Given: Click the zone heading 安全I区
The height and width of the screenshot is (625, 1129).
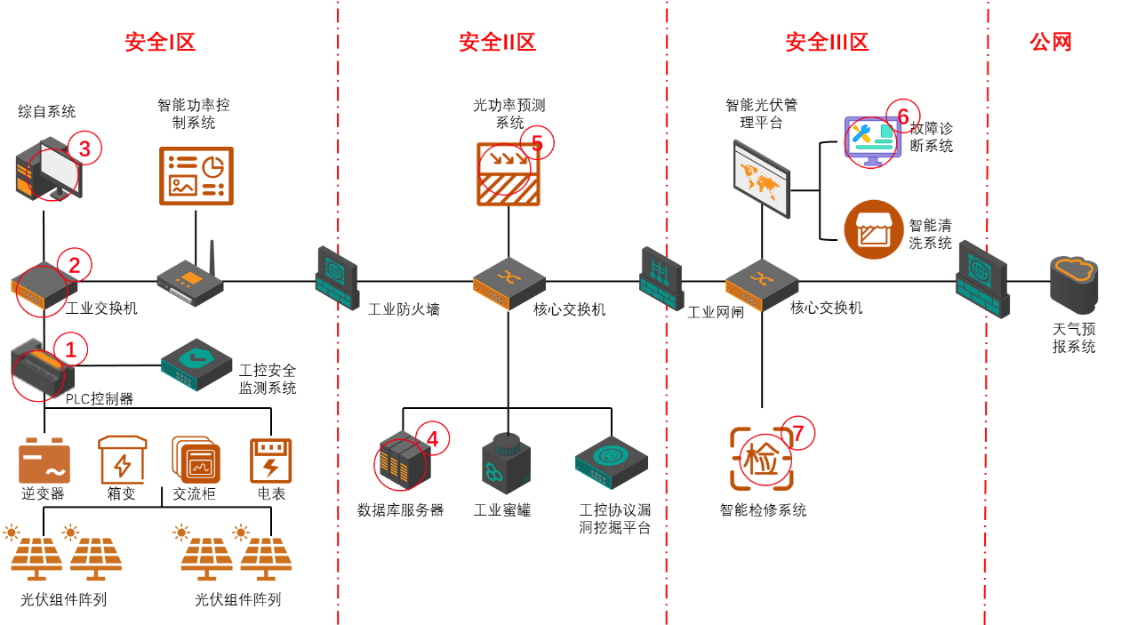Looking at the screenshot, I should [x=160, y=42].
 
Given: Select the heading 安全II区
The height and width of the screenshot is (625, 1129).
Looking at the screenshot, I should [x=497, y=42].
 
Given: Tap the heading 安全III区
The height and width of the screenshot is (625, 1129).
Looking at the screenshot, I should [x=827, y=42].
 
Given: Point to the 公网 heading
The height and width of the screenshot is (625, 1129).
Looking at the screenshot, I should [x=1051, y=42].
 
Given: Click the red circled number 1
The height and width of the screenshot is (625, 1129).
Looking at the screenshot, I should [x=71, y=350].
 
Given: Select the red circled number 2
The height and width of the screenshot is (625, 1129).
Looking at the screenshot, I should [x=75, y=265].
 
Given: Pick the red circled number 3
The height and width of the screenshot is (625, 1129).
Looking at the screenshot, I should [x=84, y=148].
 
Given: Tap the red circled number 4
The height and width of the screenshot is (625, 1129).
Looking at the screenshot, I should [x=433, y=438].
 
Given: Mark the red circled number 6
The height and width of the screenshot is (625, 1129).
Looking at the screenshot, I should [x=903, y=116].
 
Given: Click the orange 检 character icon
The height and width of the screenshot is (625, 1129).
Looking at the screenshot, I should [x=761, y=459].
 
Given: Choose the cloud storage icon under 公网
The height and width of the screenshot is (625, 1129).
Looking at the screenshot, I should [x=1074, y=284].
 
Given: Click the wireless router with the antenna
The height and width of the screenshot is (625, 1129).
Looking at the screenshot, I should [x=190, y=280].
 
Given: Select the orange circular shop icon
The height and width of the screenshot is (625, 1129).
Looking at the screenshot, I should [x=874, y=229].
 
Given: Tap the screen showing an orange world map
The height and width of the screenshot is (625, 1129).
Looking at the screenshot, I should [x=762, y=179].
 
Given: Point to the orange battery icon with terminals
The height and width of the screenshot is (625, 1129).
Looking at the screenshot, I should [x=44, y=461].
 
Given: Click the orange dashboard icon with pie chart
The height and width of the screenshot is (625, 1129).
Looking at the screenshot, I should [x=196, y=176].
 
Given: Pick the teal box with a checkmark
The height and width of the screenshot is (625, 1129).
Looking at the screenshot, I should [x=196, y=363].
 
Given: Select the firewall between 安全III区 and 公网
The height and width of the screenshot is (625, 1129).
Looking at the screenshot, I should [x=982, y=279].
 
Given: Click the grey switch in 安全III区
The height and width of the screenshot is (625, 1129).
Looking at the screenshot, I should [x=762, y=284].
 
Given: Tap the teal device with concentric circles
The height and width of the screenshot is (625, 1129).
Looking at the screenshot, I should [x=612, y=461].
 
